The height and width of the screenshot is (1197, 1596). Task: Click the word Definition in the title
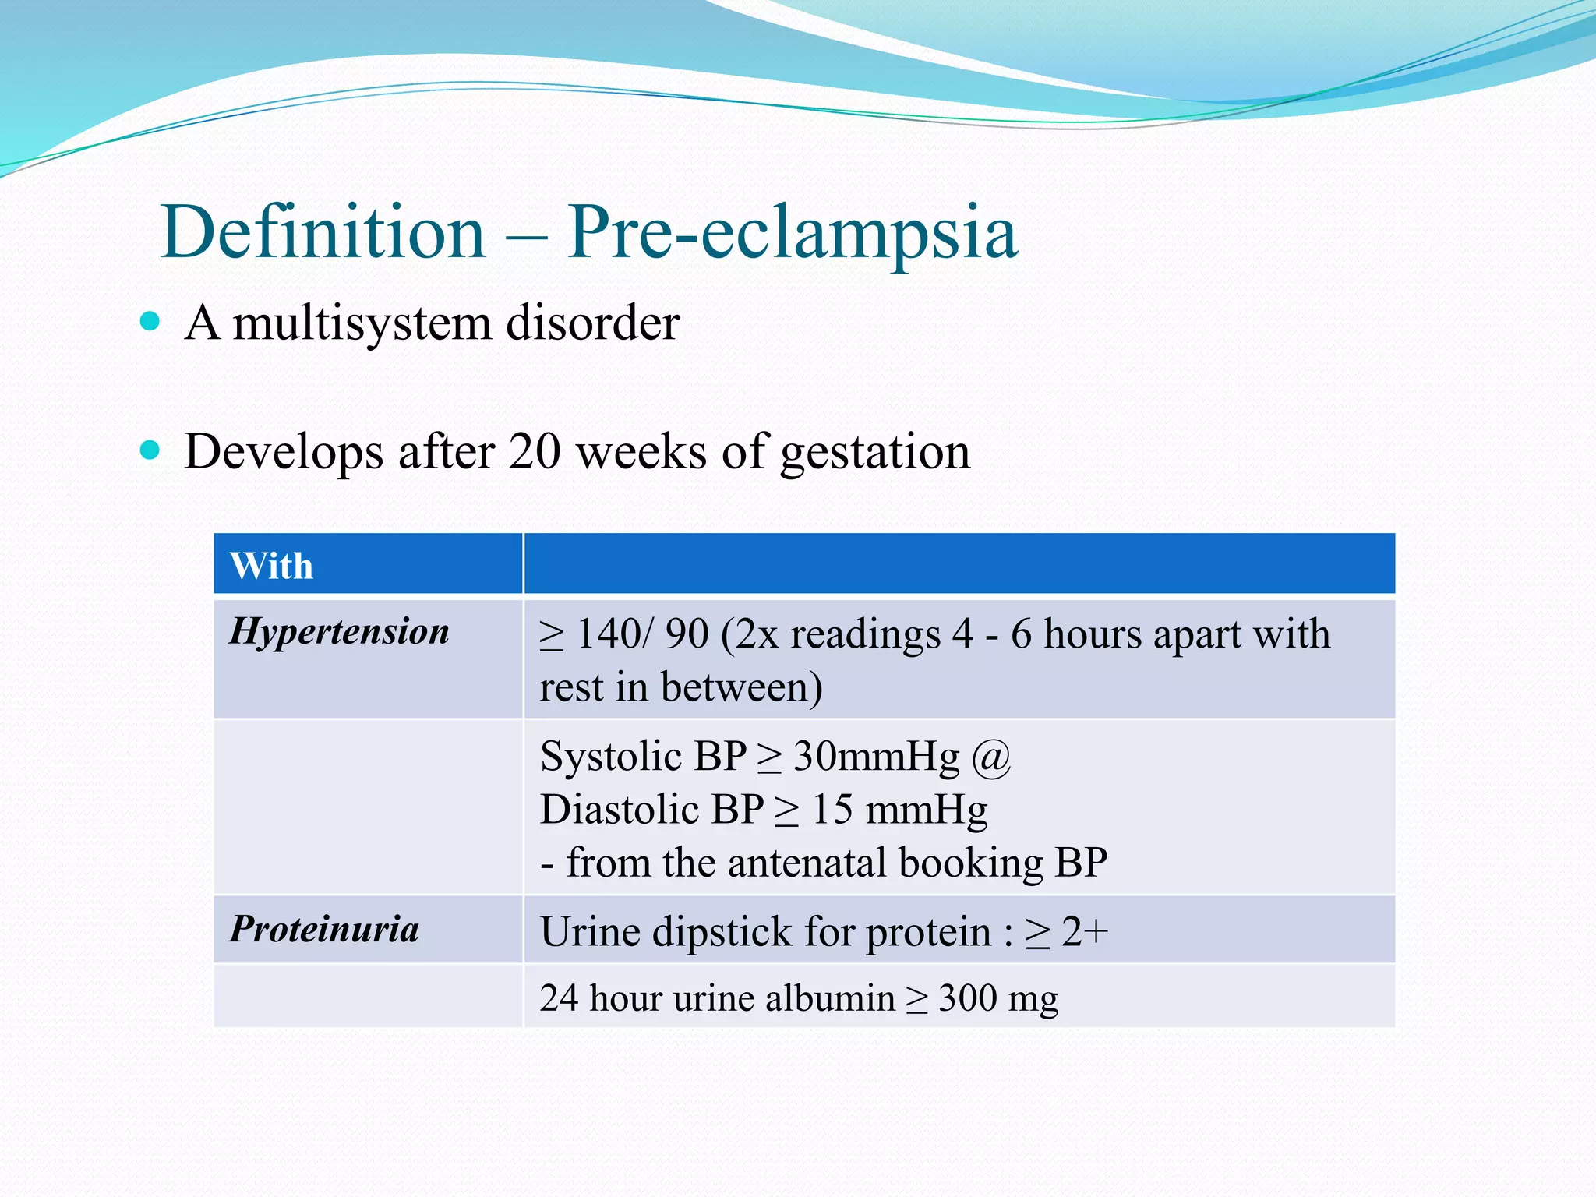(x=323, y=231)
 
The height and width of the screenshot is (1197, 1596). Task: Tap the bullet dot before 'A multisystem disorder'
(x=150, y=320)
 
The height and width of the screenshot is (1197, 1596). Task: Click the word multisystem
(x=362, y=323)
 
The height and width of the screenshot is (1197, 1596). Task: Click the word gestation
(x=875, y=454)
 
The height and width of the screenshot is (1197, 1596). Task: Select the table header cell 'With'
(x=271, y=566)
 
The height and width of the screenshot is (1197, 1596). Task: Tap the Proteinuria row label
(x=324, y=929)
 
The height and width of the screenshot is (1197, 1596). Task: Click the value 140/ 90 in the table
(x=642, y=634)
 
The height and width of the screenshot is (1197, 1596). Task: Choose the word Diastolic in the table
(x=609, y=809)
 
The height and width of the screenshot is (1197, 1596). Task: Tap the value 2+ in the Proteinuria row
(x=1085, y=931)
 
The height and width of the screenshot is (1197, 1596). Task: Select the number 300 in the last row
(x=967, y=998)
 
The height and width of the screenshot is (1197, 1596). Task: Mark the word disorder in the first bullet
(x=593, y=322)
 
